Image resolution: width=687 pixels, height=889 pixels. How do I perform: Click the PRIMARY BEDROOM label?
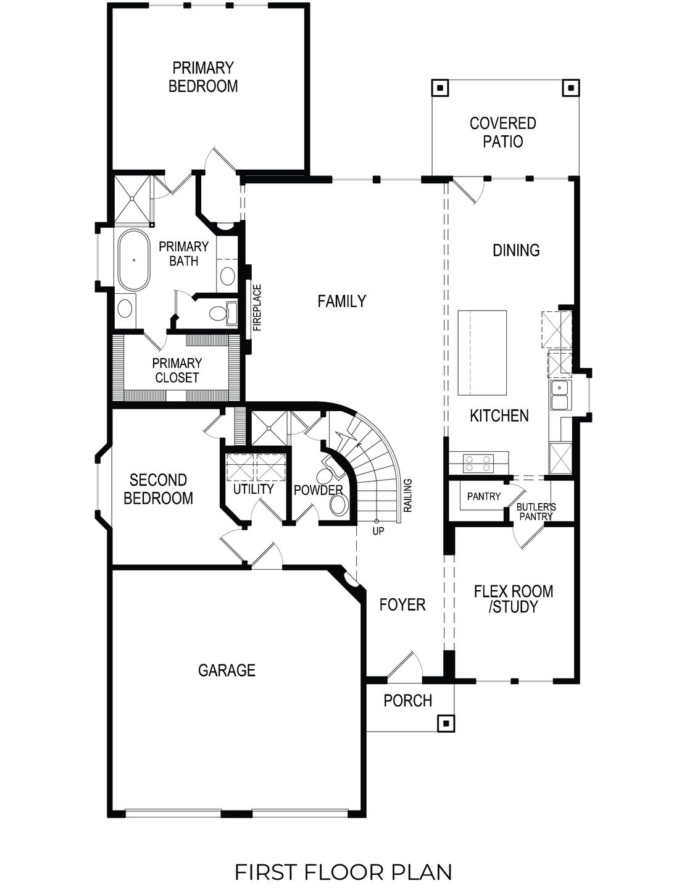(x=203, y=77)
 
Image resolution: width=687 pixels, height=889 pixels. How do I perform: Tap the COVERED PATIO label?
(x=502, y=132)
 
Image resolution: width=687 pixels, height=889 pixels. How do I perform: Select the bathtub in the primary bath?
(x=133, y=260)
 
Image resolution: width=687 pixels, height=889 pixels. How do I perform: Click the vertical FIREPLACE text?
(x=257, y=307)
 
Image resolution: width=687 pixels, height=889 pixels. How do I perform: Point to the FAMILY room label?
(x=341, y=301)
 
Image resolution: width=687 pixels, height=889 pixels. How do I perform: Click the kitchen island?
(x=482, y=353)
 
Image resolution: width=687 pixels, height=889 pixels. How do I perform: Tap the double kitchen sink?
(x=560, y=395)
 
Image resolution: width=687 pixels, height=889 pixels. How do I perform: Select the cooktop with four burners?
(x=479, y=463)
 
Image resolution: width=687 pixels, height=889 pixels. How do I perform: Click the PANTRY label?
(x=483, y=496)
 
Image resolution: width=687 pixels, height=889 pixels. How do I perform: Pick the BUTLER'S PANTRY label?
(x=536, y=511)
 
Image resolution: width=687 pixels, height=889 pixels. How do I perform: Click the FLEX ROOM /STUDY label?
(x=513, y=599)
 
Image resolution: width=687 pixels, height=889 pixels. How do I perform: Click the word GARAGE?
(x=227, y=670)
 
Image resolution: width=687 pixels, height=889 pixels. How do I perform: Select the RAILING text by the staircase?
(x=407, y=495)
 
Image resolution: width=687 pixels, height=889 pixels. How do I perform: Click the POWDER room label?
(x=318, y=490)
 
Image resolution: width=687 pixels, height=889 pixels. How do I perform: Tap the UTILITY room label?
(x=253, y=489)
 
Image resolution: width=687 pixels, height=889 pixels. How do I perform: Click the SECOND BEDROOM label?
(x=158, y=489)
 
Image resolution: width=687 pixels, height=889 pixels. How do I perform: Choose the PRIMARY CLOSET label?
(x=177, y=370)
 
